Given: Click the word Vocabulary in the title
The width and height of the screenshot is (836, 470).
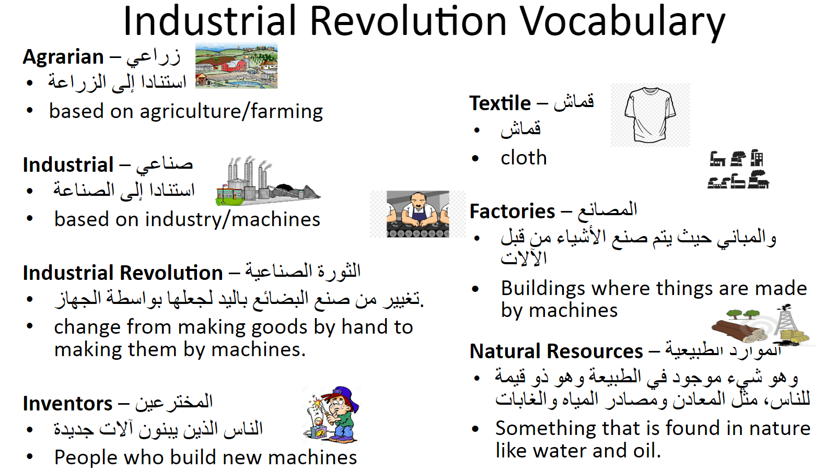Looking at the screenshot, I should tap(622, 22).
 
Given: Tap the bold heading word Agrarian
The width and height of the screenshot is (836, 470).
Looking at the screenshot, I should tap(63, 57).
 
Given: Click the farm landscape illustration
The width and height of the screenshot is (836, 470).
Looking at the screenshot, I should tap(236, 66).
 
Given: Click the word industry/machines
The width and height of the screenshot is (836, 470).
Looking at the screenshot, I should tap(233, 219).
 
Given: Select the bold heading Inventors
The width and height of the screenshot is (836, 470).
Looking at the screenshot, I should tap(67, 404).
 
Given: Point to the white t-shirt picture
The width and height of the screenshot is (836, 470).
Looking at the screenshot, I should tap(649, 115).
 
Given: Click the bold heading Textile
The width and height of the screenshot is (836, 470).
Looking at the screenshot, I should tap(500, 103).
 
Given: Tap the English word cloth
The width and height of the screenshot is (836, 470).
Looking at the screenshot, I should tap(524, 158).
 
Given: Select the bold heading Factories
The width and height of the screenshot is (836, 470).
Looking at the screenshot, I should tap(512, 211).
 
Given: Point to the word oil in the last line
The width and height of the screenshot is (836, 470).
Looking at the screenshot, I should tap(645, 451).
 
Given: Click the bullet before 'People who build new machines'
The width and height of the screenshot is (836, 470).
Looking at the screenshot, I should tap(30, 457).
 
